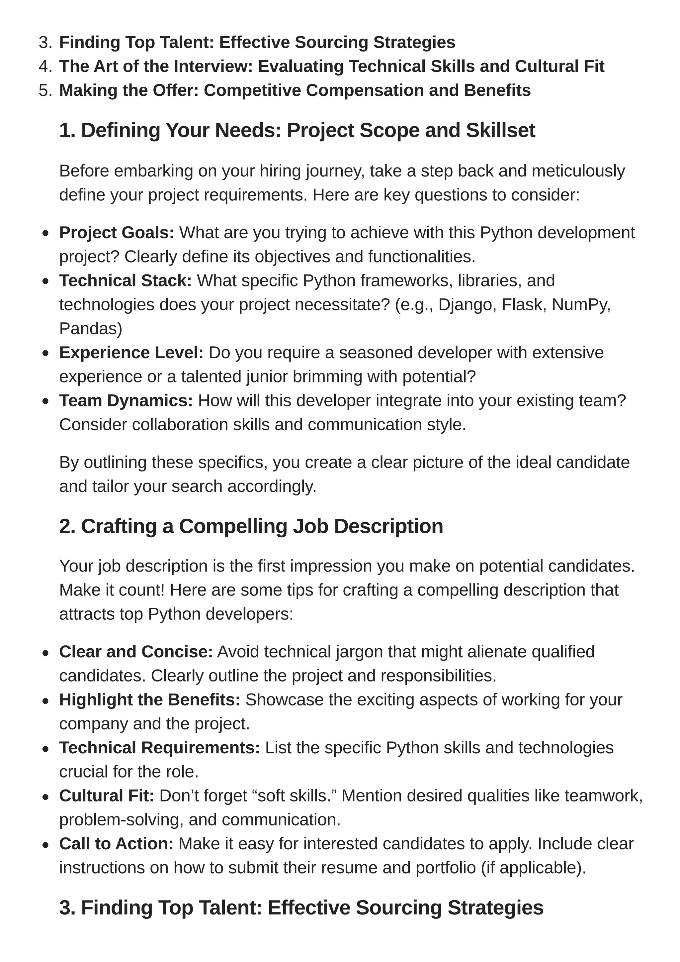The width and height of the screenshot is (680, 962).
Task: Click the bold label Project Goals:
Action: click(117, 233)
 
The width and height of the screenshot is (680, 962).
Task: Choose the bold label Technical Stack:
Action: click(125, 281)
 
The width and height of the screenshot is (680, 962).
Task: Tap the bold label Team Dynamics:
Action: click(126, 400)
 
